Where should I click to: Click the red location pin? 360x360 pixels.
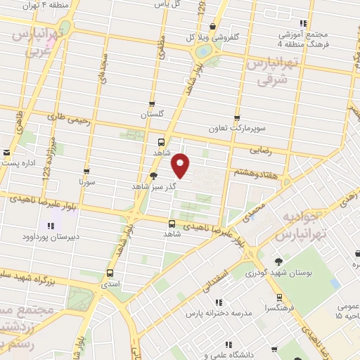click(x=181, y=166)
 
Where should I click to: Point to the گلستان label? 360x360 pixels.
click(x=152, y=115)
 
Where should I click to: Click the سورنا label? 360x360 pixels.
click(x=86, y=182)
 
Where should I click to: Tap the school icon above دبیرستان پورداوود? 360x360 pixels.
click(x=50, y=226)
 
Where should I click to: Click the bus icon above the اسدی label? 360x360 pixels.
click(x=109, y=273)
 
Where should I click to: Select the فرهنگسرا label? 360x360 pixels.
click(x=280, y=308)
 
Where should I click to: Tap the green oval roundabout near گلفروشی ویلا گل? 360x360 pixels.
click(x=203, y=51)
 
